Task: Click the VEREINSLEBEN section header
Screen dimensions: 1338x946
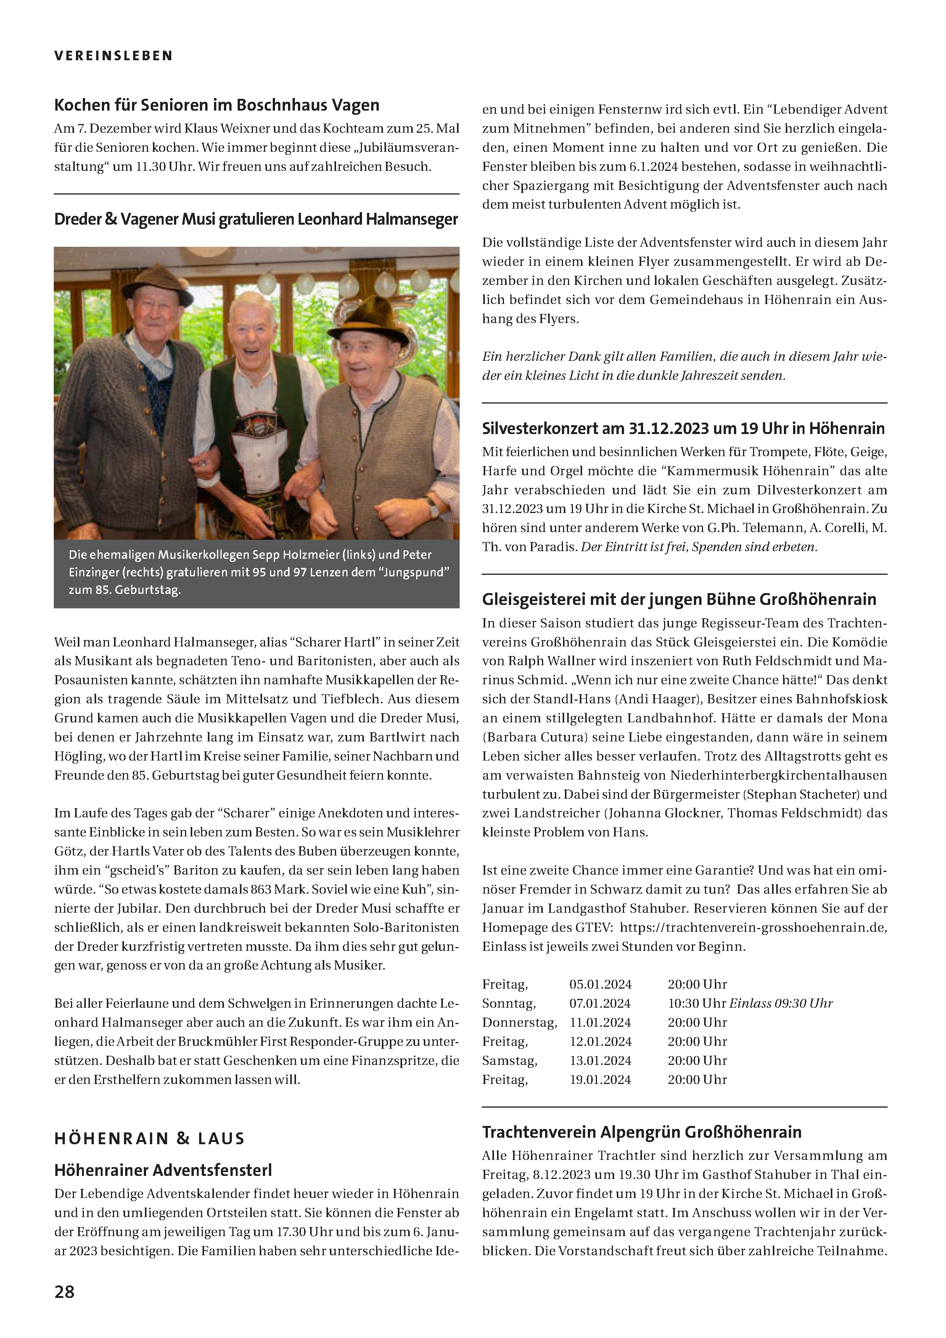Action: point(114,56)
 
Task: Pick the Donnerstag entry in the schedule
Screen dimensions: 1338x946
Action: point(519,1022)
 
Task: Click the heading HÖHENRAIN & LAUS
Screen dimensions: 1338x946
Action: point(149,1138)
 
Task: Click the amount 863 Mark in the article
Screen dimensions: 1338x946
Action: point(278,889)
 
